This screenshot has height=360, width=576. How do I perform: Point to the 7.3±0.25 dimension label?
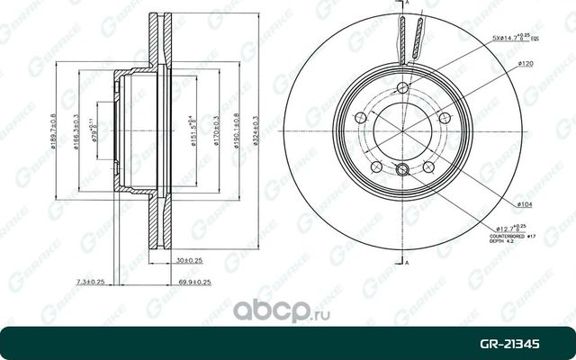point(90,282)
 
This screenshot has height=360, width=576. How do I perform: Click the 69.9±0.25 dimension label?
point(195,282)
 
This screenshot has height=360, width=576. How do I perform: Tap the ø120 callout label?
point(527,65)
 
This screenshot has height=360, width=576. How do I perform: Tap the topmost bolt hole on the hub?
point(403,87)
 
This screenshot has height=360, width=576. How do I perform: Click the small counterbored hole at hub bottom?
point(403,171)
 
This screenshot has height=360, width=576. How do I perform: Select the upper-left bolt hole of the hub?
point(362,118)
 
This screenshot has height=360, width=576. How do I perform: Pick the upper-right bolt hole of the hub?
point(444,118)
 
